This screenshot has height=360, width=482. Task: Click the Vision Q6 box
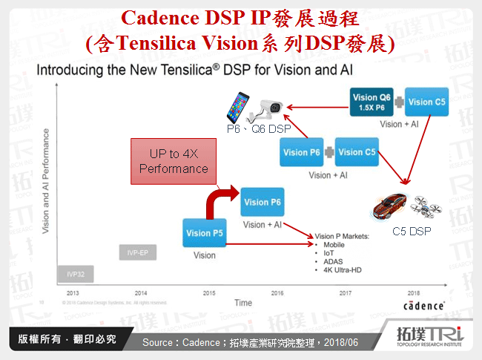[370, 102]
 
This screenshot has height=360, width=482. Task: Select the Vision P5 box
[203, 233]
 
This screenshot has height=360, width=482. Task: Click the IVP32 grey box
[76, 274]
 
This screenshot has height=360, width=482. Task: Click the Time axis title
[242, 303]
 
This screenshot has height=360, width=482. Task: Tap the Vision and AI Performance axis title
[46, 182]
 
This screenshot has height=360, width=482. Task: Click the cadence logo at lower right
[423, 306]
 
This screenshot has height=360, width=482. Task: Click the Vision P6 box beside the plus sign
[300, 152]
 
